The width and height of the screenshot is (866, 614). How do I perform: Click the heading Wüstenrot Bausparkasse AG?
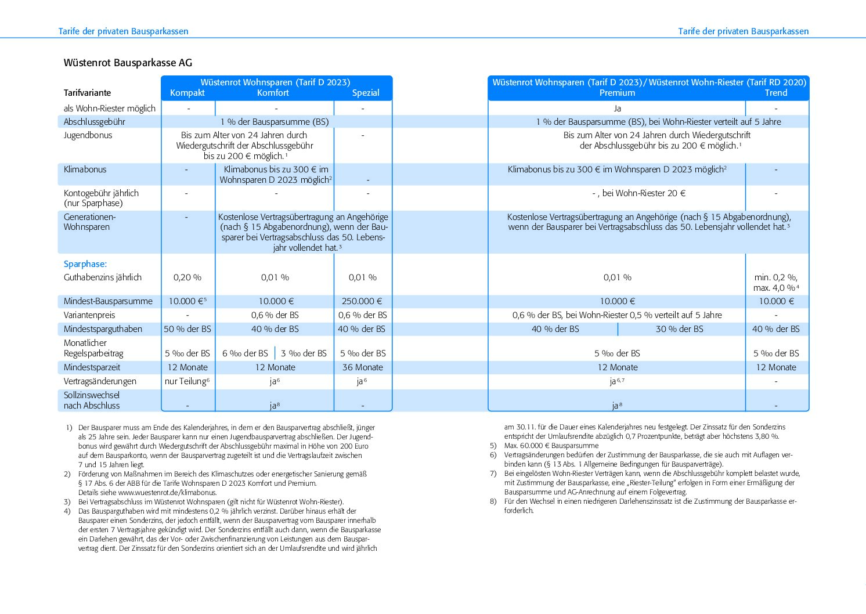click(128, 63)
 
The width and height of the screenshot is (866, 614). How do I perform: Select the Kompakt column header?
click(187, 93)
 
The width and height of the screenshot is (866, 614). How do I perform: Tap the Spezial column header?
click(366, 93)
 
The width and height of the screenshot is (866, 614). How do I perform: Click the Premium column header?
click(617, 93)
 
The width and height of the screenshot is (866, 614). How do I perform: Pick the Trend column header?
click(776, 93)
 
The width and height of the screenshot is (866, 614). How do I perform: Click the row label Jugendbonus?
click(88, 135)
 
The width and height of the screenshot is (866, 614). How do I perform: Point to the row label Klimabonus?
click(85, 169)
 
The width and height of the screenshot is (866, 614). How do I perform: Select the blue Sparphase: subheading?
click(85, 264)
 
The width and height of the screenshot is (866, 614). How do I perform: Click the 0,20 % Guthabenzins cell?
click(187, 277)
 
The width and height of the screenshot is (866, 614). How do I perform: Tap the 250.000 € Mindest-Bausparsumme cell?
click(363, 301)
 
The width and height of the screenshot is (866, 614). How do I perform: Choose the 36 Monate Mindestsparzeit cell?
click(363, 367)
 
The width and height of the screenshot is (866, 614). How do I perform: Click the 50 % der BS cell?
click(187, 329)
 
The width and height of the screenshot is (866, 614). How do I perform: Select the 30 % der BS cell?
click(680, 329)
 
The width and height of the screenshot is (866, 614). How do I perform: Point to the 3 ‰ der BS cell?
click(304, 353)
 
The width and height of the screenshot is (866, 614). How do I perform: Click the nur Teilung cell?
click(187, 381)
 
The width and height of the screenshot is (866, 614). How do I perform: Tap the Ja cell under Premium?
click(617, 109)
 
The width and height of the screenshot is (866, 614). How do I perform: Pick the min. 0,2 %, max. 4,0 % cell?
click(776, 283)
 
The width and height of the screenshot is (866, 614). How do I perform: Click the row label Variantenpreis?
click(89, 315)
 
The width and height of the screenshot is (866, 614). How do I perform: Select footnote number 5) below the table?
click(493, 446)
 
